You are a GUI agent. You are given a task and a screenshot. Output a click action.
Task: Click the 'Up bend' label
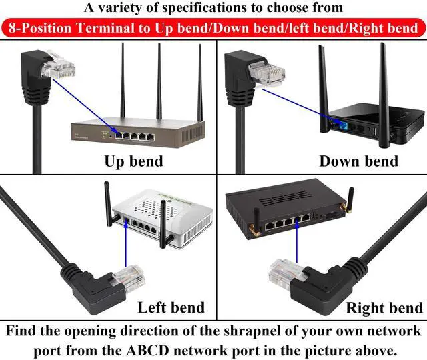click(133, 161)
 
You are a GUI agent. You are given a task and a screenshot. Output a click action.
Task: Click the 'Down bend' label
click(358, 161)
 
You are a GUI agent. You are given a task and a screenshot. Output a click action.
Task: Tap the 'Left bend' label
click(171, 307)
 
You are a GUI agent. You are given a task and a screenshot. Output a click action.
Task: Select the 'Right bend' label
click(384, 307)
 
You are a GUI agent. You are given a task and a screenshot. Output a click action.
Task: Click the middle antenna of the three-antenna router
click(159, 80)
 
